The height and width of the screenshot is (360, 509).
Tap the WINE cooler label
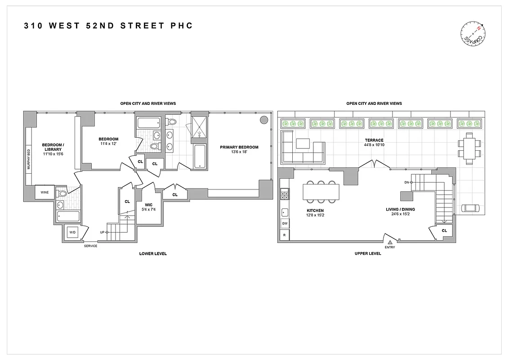(x=45, y=193)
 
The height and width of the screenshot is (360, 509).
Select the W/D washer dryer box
(x=72, y=233)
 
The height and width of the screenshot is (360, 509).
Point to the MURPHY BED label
(x=28, y=159)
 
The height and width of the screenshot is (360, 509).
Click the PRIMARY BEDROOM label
(x=239, y=147)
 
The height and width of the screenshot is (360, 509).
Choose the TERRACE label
(x=374, y=140)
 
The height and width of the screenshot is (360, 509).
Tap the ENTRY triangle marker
(x=390, y=242)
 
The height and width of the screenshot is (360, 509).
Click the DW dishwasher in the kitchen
(x=284, y=224)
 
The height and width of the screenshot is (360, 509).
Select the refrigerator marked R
(x=284, y=234)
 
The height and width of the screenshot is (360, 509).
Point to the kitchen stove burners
(x=284, y=195)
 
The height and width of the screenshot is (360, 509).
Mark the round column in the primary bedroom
(x=264, y=120)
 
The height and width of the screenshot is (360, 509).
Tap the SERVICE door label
(x=90, y=246)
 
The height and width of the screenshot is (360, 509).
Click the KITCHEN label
(x=315, y=211)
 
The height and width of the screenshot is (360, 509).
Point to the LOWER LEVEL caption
(x=153, y=254)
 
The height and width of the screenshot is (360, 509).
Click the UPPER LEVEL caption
(x=367, y=254)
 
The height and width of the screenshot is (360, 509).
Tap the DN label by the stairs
(x=406, y=182)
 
